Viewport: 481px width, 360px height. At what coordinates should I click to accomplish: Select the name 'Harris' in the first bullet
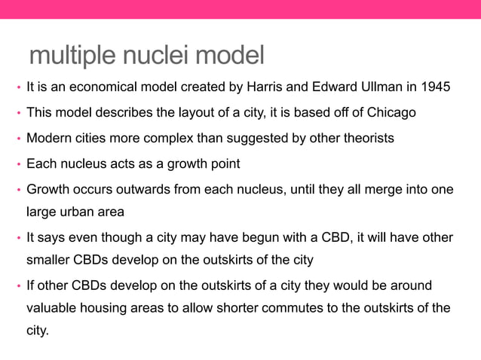click(x=265, y=87)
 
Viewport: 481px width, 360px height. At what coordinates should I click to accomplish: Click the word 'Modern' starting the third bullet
click(x=48, y=139)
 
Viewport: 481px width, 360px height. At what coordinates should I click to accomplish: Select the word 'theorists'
click(x=369, y=139)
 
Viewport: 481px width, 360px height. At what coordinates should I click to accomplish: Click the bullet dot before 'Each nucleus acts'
click(x=17, y=165)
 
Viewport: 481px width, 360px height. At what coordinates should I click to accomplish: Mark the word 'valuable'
click(x=51, y=309)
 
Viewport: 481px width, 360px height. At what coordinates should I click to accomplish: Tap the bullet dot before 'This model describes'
click(x=17, y=114)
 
